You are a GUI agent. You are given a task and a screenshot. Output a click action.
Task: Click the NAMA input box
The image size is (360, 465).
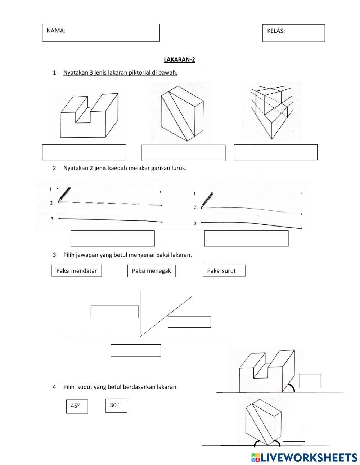pyautogui.click(x=101, y=33)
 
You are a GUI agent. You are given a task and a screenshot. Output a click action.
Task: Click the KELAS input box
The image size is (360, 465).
pyautogui.click(x=293, y=33)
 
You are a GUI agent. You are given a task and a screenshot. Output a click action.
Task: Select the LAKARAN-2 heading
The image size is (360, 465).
pyautogui.click(x=179, y=60)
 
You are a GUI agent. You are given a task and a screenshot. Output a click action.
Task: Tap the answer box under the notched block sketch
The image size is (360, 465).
pyautogui.click(x=84, y=152)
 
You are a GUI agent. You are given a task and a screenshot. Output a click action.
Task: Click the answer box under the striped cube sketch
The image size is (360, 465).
pyautogui.click(x=183, y=153)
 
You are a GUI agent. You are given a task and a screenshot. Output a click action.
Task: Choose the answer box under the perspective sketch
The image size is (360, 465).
pyautogui.click(x=275, y=152)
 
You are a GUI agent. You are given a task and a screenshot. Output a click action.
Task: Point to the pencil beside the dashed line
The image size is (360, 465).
pyautogui.click(x=64, y=194)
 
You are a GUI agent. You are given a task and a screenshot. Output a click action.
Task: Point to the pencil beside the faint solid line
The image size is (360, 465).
pyautogui.click(x=207, y=199)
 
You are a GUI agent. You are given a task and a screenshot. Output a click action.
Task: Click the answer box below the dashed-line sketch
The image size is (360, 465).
pyautogui.click(x=113, y=238)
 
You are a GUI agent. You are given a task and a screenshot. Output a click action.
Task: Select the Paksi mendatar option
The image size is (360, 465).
pyautogui.click(x=77, y=271)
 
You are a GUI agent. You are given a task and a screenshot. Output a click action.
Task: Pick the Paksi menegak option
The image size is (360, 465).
pyautogui.click(x=151, y=271)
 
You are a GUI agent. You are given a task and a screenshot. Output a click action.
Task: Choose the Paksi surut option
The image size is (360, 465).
pyautogui.click(x=224, y=271)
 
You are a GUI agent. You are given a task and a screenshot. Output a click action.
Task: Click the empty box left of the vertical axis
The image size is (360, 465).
pyautogui.click(x=114, y=312)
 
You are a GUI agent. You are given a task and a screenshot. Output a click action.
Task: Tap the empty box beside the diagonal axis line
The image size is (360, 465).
pyautogui.click(x=189, y=322)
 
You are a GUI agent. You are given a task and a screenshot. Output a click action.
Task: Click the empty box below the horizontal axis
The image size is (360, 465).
pyautogui.click(x=136, y=350)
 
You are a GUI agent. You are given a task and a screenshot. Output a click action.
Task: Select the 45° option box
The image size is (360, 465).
pyautogui.click(x=77, y=406)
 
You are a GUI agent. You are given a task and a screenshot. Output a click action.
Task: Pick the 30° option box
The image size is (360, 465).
pyautogui.click(x=116, y=406)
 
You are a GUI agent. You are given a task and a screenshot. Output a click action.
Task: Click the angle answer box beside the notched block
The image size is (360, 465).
pyautogui.click(x=310, y=381)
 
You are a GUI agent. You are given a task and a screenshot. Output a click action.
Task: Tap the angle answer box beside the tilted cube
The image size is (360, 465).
pyautogui.click(x=294, y=434)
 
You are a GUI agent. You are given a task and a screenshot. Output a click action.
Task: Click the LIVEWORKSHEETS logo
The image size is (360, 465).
pyautogui.click(x=304, y=457)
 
